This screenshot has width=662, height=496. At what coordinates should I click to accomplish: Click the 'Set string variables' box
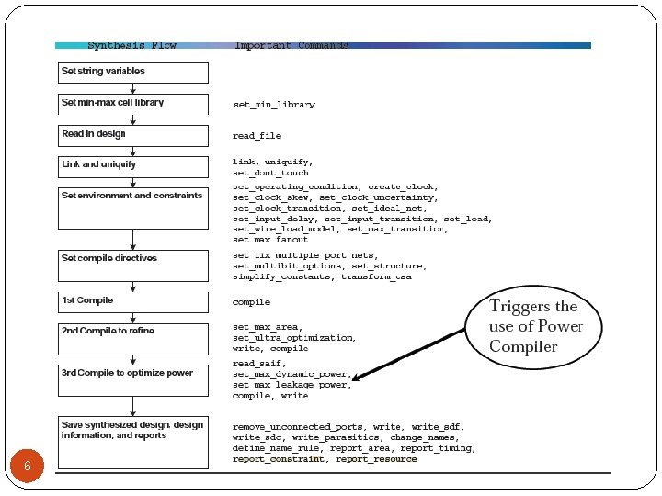133,72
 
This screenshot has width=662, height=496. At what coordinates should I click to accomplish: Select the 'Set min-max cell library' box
133,103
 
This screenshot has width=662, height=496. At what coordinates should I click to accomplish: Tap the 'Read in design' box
133,134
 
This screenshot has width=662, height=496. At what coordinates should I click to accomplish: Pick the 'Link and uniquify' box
133,165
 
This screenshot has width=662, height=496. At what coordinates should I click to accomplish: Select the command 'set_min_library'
274,105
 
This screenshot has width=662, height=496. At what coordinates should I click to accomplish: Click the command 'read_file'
257,136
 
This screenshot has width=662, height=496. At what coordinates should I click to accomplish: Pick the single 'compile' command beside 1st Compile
251,301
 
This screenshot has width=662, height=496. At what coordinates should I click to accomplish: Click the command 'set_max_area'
267,327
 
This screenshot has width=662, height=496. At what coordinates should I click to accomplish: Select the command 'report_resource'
376,458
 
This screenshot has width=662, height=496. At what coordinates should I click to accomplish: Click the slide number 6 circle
28,467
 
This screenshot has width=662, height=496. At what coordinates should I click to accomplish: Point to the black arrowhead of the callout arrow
357,376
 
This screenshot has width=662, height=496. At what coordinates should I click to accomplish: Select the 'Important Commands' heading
291,45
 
